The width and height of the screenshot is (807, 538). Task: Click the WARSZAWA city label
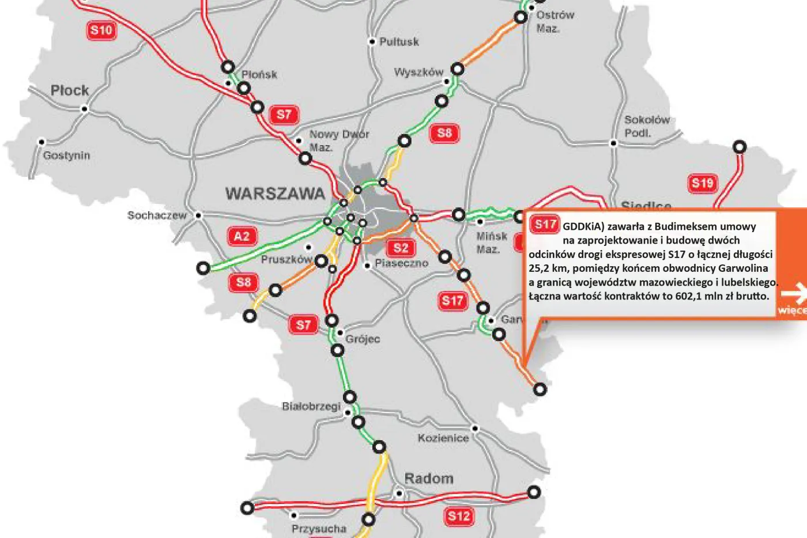(x=275, y=193)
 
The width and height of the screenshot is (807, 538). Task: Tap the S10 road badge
(x=101, y=30)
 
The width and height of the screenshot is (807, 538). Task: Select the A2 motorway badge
(x=242, y=236)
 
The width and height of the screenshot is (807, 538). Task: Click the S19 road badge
(x=702, y=183)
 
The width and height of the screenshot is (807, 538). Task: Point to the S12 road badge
(x=459, y=516)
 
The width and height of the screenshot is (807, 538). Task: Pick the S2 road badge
(x=401, y=248)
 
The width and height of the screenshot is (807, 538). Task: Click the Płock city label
(x=70, y=90)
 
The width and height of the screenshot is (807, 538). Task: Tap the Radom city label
(x=429, y=478)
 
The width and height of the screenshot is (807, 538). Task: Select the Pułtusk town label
(x=399, y=41)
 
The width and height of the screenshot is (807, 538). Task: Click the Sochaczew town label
(x=157, y=215)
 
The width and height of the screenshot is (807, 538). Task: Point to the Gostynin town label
(x=66, y=156)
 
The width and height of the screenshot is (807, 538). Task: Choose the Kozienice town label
(x=443, y=438)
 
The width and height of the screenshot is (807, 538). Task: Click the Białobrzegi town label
(x=311, y=406)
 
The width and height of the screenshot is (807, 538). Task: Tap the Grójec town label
(x=363, y=339)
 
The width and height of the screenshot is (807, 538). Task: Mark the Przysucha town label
(x=319, y=528)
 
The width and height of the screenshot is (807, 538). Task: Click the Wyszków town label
(x=418, y=72)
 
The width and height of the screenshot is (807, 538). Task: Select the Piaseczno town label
(x=401, y=263)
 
